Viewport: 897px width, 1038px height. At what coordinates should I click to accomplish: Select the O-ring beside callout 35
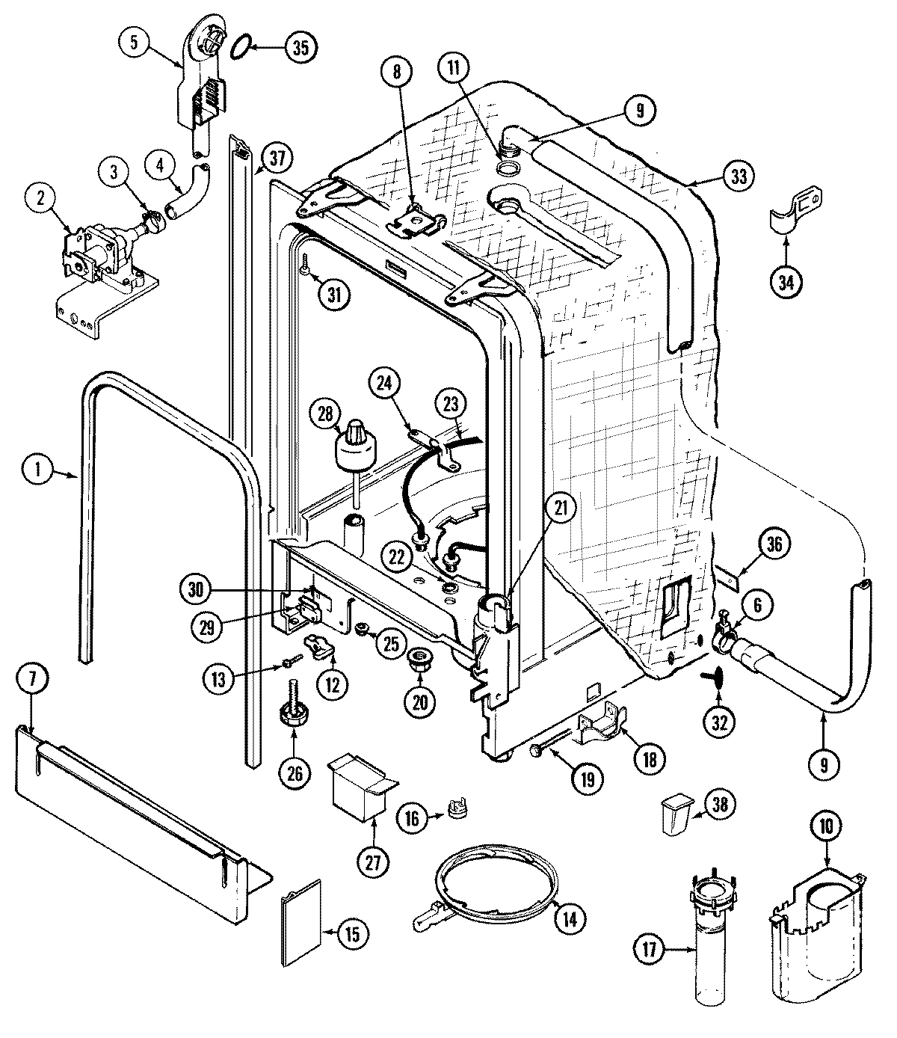pyautogui.click(x=238, y=48)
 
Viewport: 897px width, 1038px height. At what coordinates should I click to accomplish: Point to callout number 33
pyautogui.click(x=739, y=176)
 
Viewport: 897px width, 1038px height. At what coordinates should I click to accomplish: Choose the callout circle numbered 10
pyautogui.click(x=830, y=826)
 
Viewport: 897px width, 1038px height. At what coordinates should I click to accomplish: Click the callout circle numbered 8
pyautogui.click(x=397, y=73)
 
